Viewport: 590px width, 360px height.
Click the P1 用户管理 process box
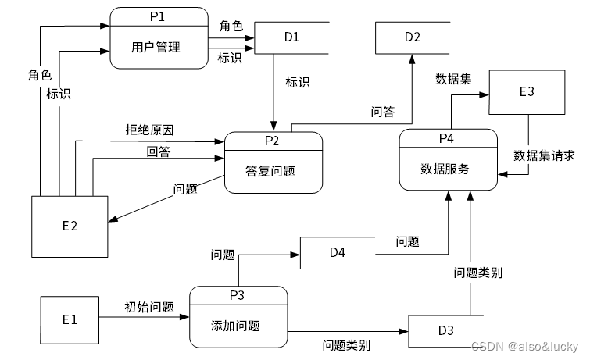coord(159,41)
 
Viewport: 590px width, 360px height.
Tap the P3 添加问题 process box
coord(238,317)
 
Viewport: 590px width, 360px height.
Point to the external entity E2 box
coord(70,226)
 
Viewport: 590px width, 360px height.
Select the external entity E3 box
coord(527,92)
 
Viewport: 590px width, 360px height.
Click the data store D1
coord(291,37)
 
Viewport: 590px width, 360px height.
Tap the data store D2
coord(413,37)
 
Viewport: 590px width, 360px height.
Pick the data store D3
coord(445,330)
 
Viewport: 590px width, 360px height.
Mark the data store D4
coord(337,252)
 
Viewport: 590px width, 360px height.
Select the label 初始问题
coord(148,308)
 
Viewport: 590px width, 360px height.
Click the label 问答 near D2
coord(382,112)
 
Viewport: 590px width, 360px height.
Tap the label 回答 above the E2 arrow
coord(159,150)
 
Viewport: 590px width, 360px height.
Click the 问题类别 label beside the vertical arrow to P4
coord(478,273)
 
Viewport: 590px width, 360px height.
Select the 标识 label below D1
coord(298,82)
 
